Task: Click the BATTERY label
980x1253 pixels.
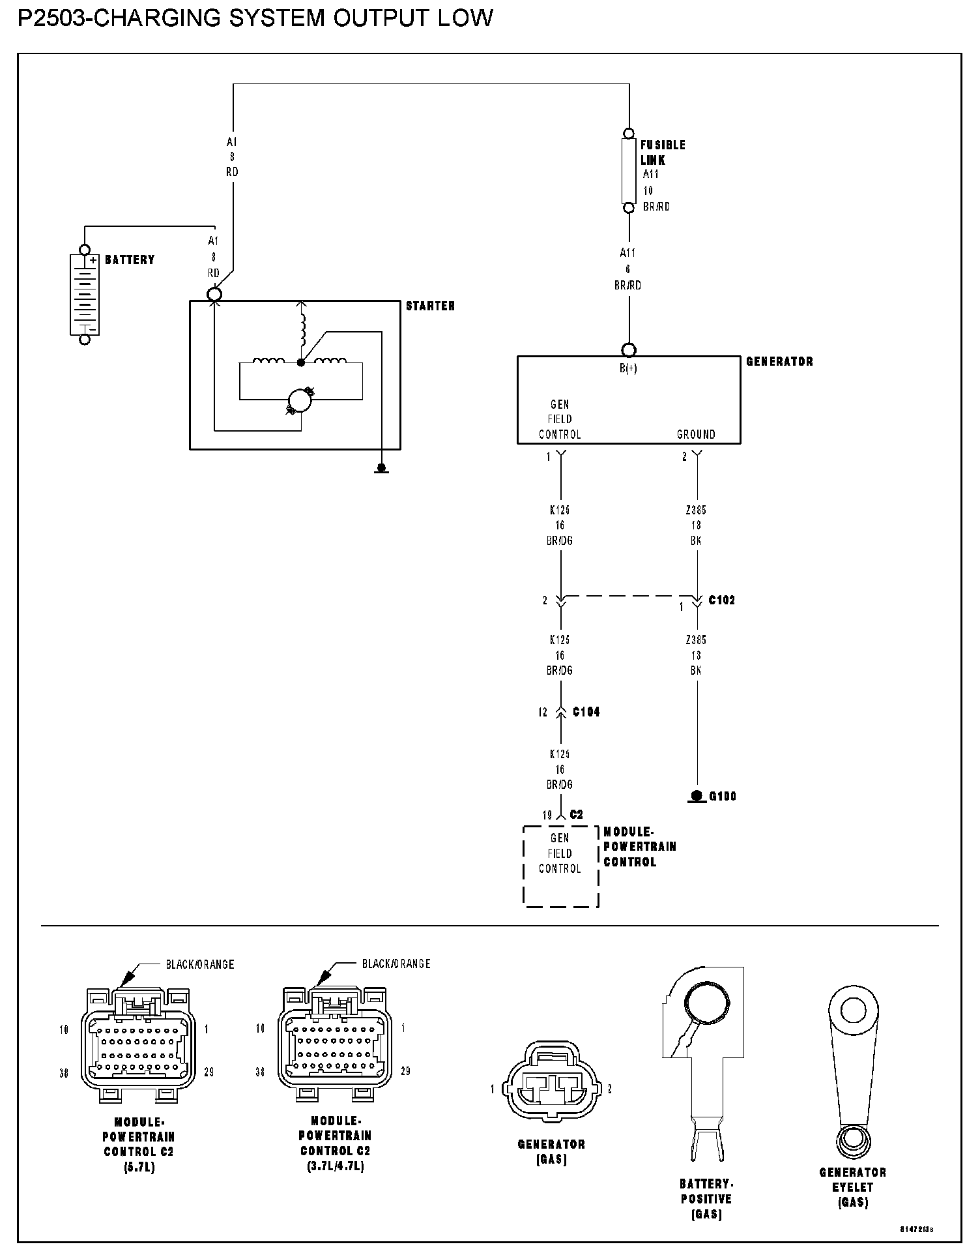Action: coord(130,259)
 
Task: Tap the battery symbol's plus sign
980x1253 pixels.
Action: coord(93,259)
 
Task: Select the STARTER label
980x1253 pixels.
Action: coord(430,306)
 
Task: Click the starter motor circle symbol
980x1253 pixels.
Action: coord(300,400)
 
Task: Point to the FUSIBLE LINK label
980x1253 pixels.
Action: coord(662,153)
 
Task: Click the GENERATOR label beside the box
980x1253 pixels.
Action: coord(779,361)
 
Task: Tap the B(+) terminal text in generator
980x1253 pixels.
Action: coord(628,368)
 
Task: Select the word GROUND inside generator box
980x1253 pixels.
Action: coord(696,434)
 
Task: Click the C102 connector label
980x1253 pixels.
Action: coord(721,600)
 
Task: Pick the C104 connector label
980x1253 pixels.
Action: coord(586,712)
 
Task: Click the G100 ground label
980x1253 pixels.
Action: coord(722,796)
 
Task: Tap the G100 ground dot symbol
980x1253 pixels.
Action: coord(697,795)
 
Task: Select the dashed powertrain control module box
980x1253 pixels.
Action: coord(560,866)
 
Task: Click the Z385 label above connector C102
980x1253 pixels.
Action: coord(696,510)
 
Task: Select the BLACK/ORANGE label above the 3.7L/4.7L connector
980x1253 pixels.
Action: coord(396,964)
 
